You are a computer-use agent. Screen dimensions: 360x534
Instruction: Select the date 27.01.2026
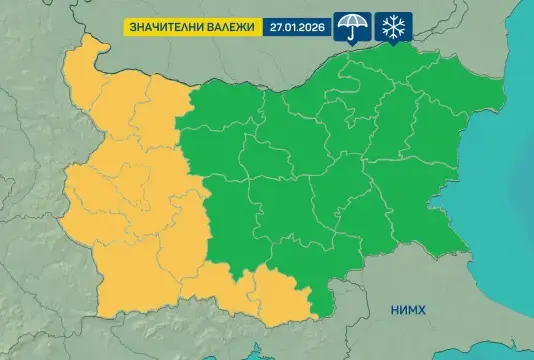click(297, 27)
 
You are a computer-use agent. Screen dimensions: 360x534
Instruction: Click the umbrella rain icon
click(351, 26)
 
